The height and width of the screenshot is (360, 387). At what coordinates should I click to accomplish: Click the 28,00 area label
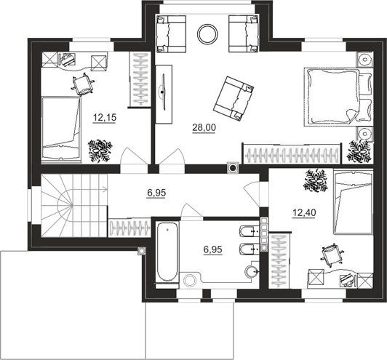point(204,127)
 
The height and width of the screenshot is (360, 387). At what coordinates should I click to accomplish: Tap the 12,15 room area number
point(105,117)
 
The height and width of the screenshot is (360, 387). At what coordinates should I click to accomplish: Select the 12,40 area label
point(304,212)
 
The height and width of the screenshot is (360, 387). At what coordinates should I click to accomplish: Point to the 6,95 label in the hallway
point(156,193)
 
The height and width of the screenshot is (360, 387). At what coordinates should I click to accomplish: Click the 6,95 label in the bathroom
point(212,249)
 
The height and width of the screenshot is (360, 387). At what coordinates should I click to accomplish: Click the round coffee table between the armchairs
point(207,33)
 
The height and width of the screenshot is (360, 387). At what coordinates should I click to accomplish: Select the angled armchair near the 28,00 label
point(234,98)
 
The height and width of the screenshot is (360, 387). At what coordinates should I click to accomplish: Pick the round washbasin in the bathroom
point(251,271)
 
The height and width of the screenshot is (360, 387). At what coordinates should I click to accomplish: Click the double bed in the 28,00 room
point(338,97)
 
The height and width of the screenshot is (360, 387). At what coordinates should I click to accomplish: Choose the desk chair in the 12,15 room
point(84,84)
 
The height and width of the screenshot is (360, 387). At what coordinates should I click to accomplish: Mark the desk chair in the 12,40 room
point(332,255)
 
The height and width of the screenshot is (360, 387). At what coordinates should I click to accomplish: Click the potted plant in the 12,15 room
point(100,151)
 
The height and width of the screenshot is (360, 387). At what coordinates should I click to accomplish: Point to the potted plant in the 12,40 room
point(316,180)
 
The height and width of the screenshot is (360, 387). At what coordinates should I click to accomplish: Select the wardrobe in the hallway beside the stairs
point(129,228)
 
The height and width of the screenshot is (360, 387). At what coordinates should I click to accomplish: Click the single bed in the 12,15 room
point(61,129)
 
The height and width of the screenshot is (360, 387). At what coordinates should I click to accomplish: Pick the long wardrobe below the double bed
point(292,153)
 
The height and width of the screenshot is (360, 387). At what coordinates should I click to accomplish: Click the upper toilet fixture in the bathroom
point(249,231)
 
